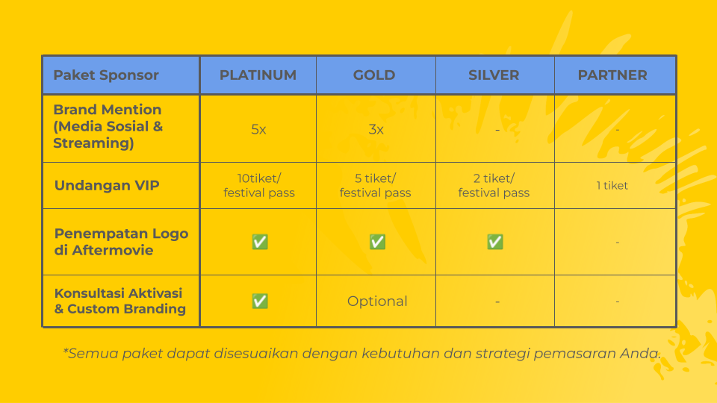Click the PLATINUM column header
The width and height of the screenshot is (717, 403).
(x=258, y=75)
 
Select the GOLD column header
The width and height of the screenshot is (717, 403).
(x=374, y=75)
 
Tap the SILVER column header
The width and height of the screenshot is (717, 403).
(x=494, y=75)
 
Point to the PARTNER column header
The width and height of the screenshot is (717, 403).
(x=612, y=75)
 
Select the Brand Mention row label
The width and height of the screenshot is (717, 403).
(x=108, y=126)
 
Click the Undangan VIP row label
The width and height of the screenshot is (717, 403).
(x=107, y=186)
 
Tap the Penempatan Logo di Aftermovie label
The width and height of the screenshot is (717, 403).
(x=121, y=242)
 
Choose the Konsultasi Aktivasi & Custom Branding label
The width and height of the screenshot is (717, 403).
(x=119, y=301)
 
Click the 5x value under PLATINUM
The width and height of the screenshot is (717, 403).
(x=258, y=130)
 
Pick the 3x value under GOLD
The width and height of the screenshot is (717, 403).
(x=376, y=130)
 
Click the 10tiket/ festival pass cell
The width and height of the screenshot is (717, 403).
(x=259, y=186)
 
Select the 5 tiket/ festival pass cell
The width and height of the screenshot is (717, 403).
(x=376, y=186)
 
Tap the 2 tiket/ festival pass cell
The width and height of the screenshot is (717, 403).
(x=494, y=186)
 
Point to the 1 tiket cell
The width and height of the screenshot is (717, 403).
(x=612, y=186)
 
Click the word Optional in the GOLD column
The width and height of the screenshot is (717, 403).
(x=377, y=301)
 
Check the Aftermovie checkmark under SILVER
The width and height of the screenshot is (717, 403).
(x=495, y=242)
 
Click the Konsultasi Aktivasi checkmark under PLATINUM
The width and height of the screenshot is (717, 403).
(x=260, y=301)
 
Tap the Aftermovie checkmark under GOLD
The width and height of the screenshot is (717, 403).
(x=377, y=242)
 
